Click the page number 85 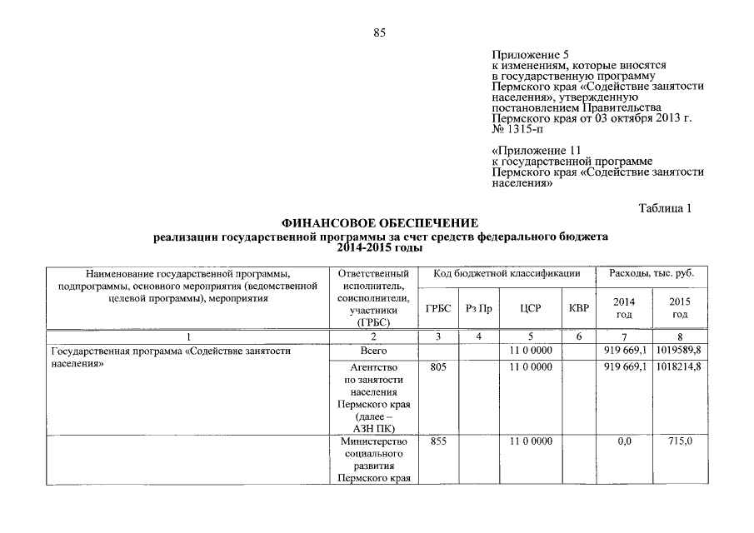pos(380,32)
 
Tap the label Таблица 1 pos(665,207)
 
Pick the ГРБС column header pos(438,308)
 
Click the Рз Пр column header pos(479,308)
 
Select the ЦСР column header pos(531,308)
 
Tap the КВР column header pos(578,308)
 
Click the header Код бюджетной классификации pos(507,274)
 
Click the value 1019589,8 pos(679,351)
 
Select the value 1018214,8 pos(679,366)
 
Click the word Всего pos(373,351)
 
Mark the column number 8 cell pos(680,336)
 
